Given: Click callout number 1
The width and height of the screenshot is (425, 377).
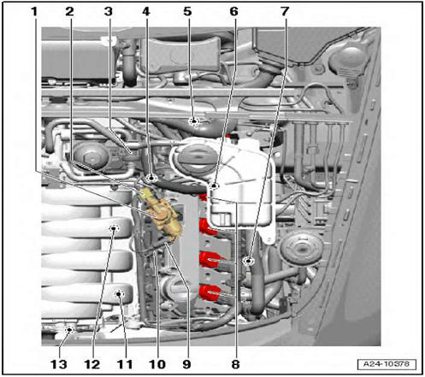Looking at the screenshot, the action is [34, 12].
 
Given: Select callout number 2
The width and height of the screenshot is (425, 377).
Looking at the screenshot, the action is [69, 12].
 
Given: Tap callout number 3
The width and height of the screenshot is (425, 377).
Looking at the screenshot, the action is [109, 12].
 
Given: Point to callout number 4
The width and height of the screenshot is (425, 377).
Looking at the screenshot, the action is [145, 12].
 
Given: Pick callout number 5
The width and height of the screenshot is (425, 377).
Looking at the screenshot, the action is [187, 12].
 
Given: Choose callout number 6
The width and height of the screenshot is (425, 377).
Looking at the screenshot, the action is [233, 12].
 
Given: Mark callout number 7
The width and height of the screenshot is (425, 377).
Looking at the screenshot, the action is [285, 12].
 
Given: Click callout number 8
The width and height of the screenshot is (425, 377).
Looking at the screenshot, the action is [235, 364].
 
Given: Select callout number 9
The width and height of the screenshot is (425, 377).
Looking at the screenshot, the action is [186, 364].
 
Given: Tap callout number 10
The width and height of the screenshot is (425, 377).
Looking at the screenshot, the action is [157, 364].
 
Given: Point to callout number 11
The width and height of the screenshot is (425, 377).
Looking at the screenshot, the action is [125, 364].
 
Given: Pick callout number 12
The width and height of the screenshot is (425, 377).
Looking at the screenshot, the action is [92, 364].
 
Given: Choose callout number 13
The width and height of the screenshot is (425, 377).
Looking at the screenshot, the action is [59, 364].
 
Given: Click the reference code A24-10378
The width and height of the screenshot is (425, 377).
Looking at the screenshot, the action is [387, 364].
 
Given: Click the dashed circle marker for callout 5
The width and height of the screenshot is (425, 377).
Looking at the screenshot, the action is [194, 121].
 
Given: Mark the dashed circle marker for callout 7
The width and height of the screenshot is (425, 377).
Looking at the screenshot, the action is [249, 261].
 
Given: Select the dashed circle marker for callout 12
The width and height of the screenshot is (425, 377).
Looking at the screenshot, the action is [114, 228].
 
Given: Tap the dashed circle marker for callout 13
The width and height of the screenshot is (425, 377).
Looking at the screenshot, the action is [69, 330].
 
